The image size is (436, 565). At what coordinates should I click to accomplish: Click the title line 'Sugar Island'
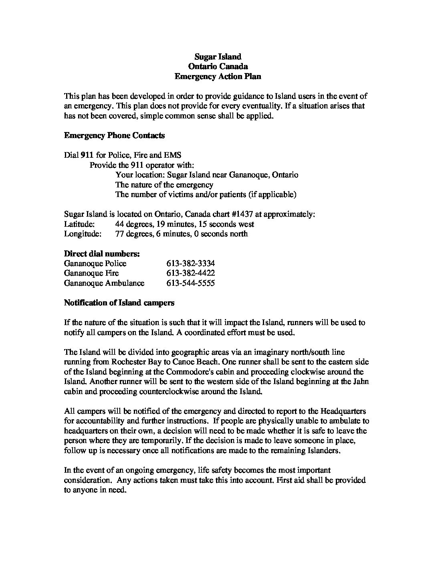218,57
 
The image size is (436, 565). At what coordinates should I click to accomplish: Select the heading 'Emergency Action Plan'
218,76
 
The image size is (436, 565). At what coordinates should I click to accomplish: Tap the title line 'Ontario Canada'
218,67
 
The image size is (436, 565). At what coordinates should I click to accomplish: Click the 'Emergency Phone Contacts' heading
114,135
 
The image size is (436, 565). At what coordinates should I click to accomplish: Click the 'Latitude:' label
79,224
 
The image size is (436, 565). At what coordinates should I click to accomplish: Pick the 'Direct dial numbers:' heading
102,254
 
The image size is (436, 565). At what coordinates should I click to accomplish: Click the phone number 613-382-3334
190,263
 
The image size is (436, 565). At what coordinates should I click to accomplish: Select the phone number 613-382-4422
190,273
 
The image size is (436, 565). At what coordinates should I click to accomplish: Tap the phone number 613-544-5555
190,283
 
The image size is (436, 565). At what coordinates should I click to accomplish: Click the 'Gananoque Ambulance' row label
104,283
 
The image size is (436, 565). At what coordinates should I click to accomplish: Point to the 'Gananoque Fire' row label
91,273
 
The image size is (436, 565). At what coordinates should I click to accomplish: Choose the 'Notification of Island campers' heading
119,303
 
